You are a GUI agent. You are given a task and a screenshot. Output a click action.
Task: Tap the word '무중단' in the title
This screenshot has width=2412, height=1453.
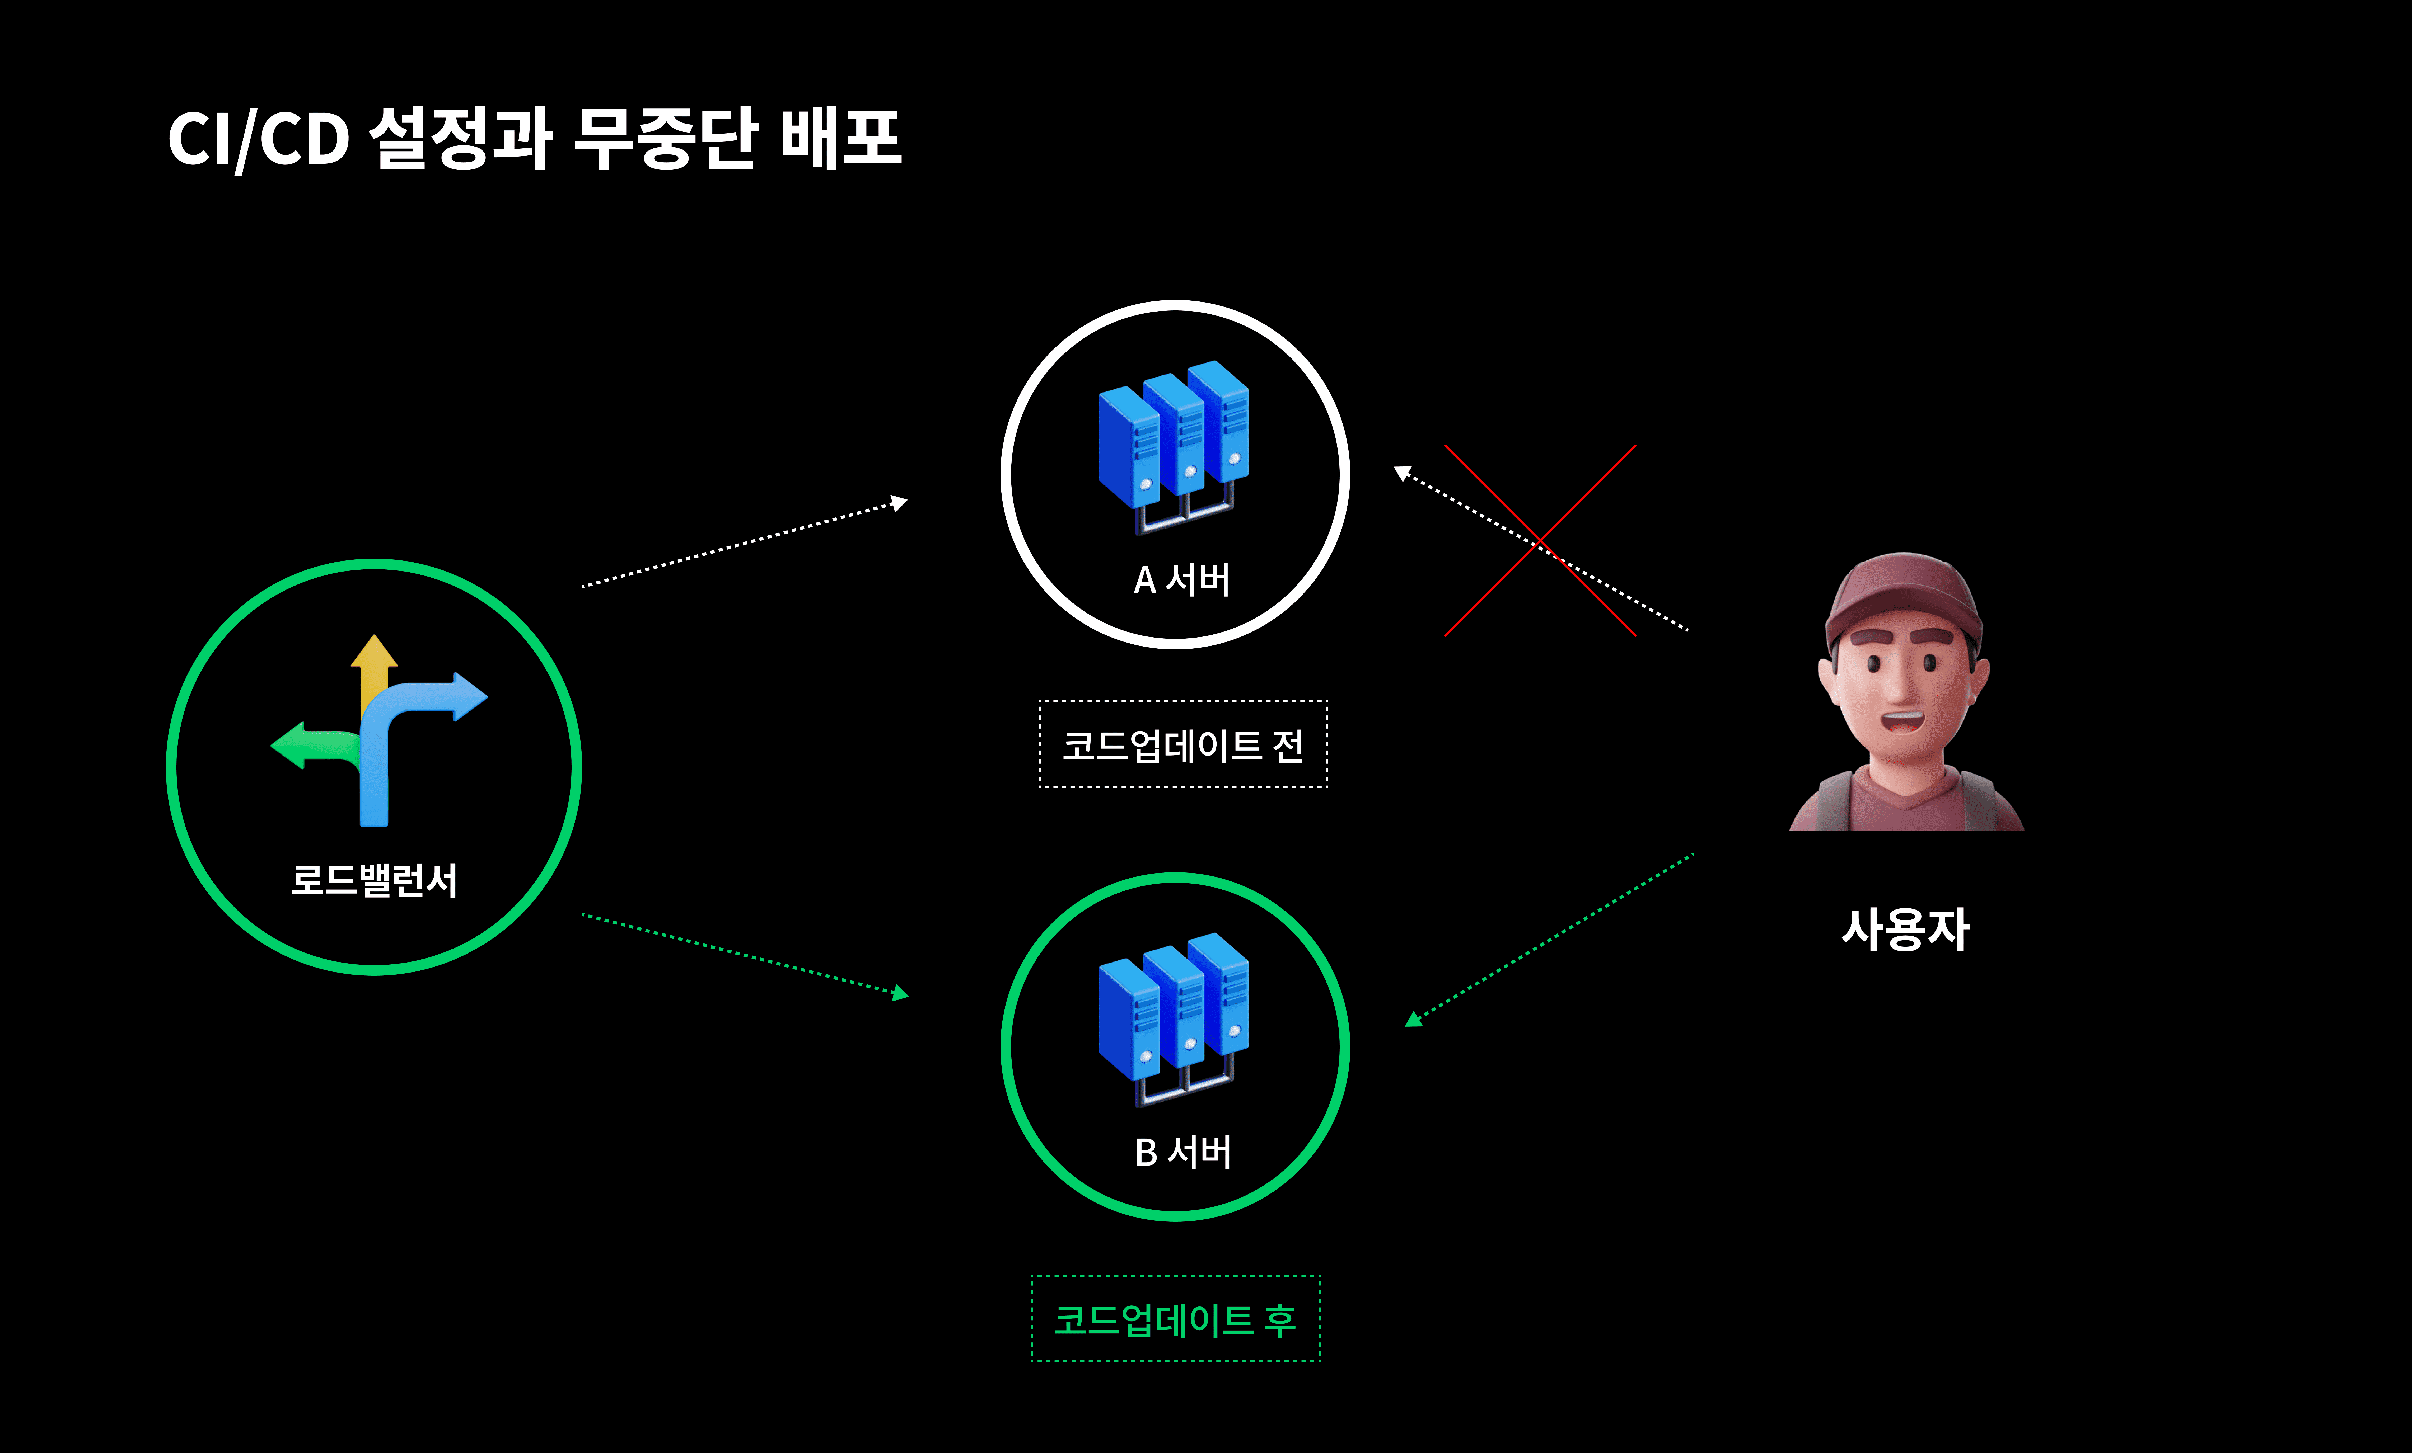tap(664, 139)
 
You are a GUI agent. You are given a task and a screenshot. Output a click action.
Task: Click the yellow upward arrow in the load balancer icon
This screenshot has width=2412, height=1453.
tap(374, 658)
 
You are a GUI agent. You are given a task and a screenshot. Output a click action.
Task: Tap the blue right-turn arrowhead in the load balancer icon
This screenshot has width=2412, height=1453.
tap(468, 697)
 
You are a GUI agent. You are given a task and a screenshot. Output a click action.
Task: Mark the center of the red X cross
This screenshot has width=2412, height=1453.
tap(1540, 541)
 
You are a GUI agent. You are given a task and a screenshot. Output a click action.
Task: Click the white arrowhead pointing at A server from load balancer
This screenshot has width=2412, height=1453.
tap(899, 503)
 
